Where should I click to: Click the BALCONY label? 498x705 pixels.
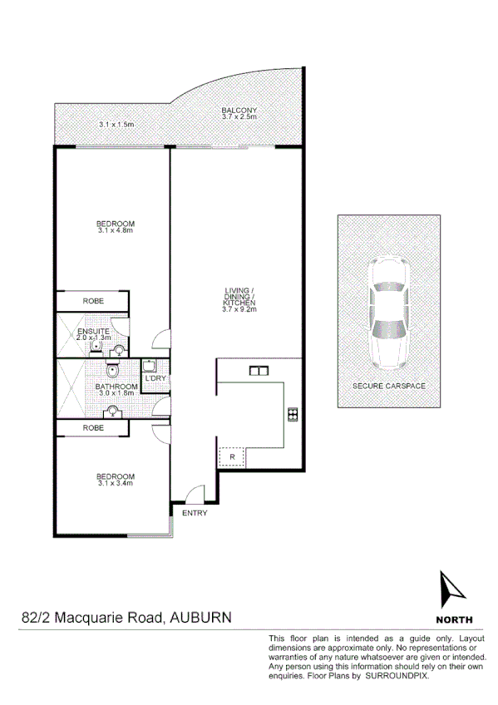click(239, 111)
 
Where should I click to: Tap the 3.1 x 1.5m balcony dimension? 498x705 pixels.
click(116, 125)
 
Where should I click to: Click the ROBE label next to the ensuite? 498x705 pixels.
click(93, 301)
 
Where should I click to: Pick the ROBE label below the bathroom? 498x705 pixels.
click(93, 428)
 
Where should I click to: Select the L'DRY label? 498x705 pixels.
click(155, 379)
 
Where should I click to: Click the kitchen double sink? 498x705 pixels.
click(257, 370)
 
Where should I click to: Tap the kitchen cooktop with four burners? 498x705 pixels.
click(292, 414)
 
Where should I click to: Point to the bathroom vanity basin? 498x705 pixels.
click(112, 410)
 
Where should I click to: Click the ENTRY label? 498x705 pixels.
click(195, 513)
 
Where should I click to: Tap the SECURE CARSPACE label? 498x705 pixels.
click(389, 387)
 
